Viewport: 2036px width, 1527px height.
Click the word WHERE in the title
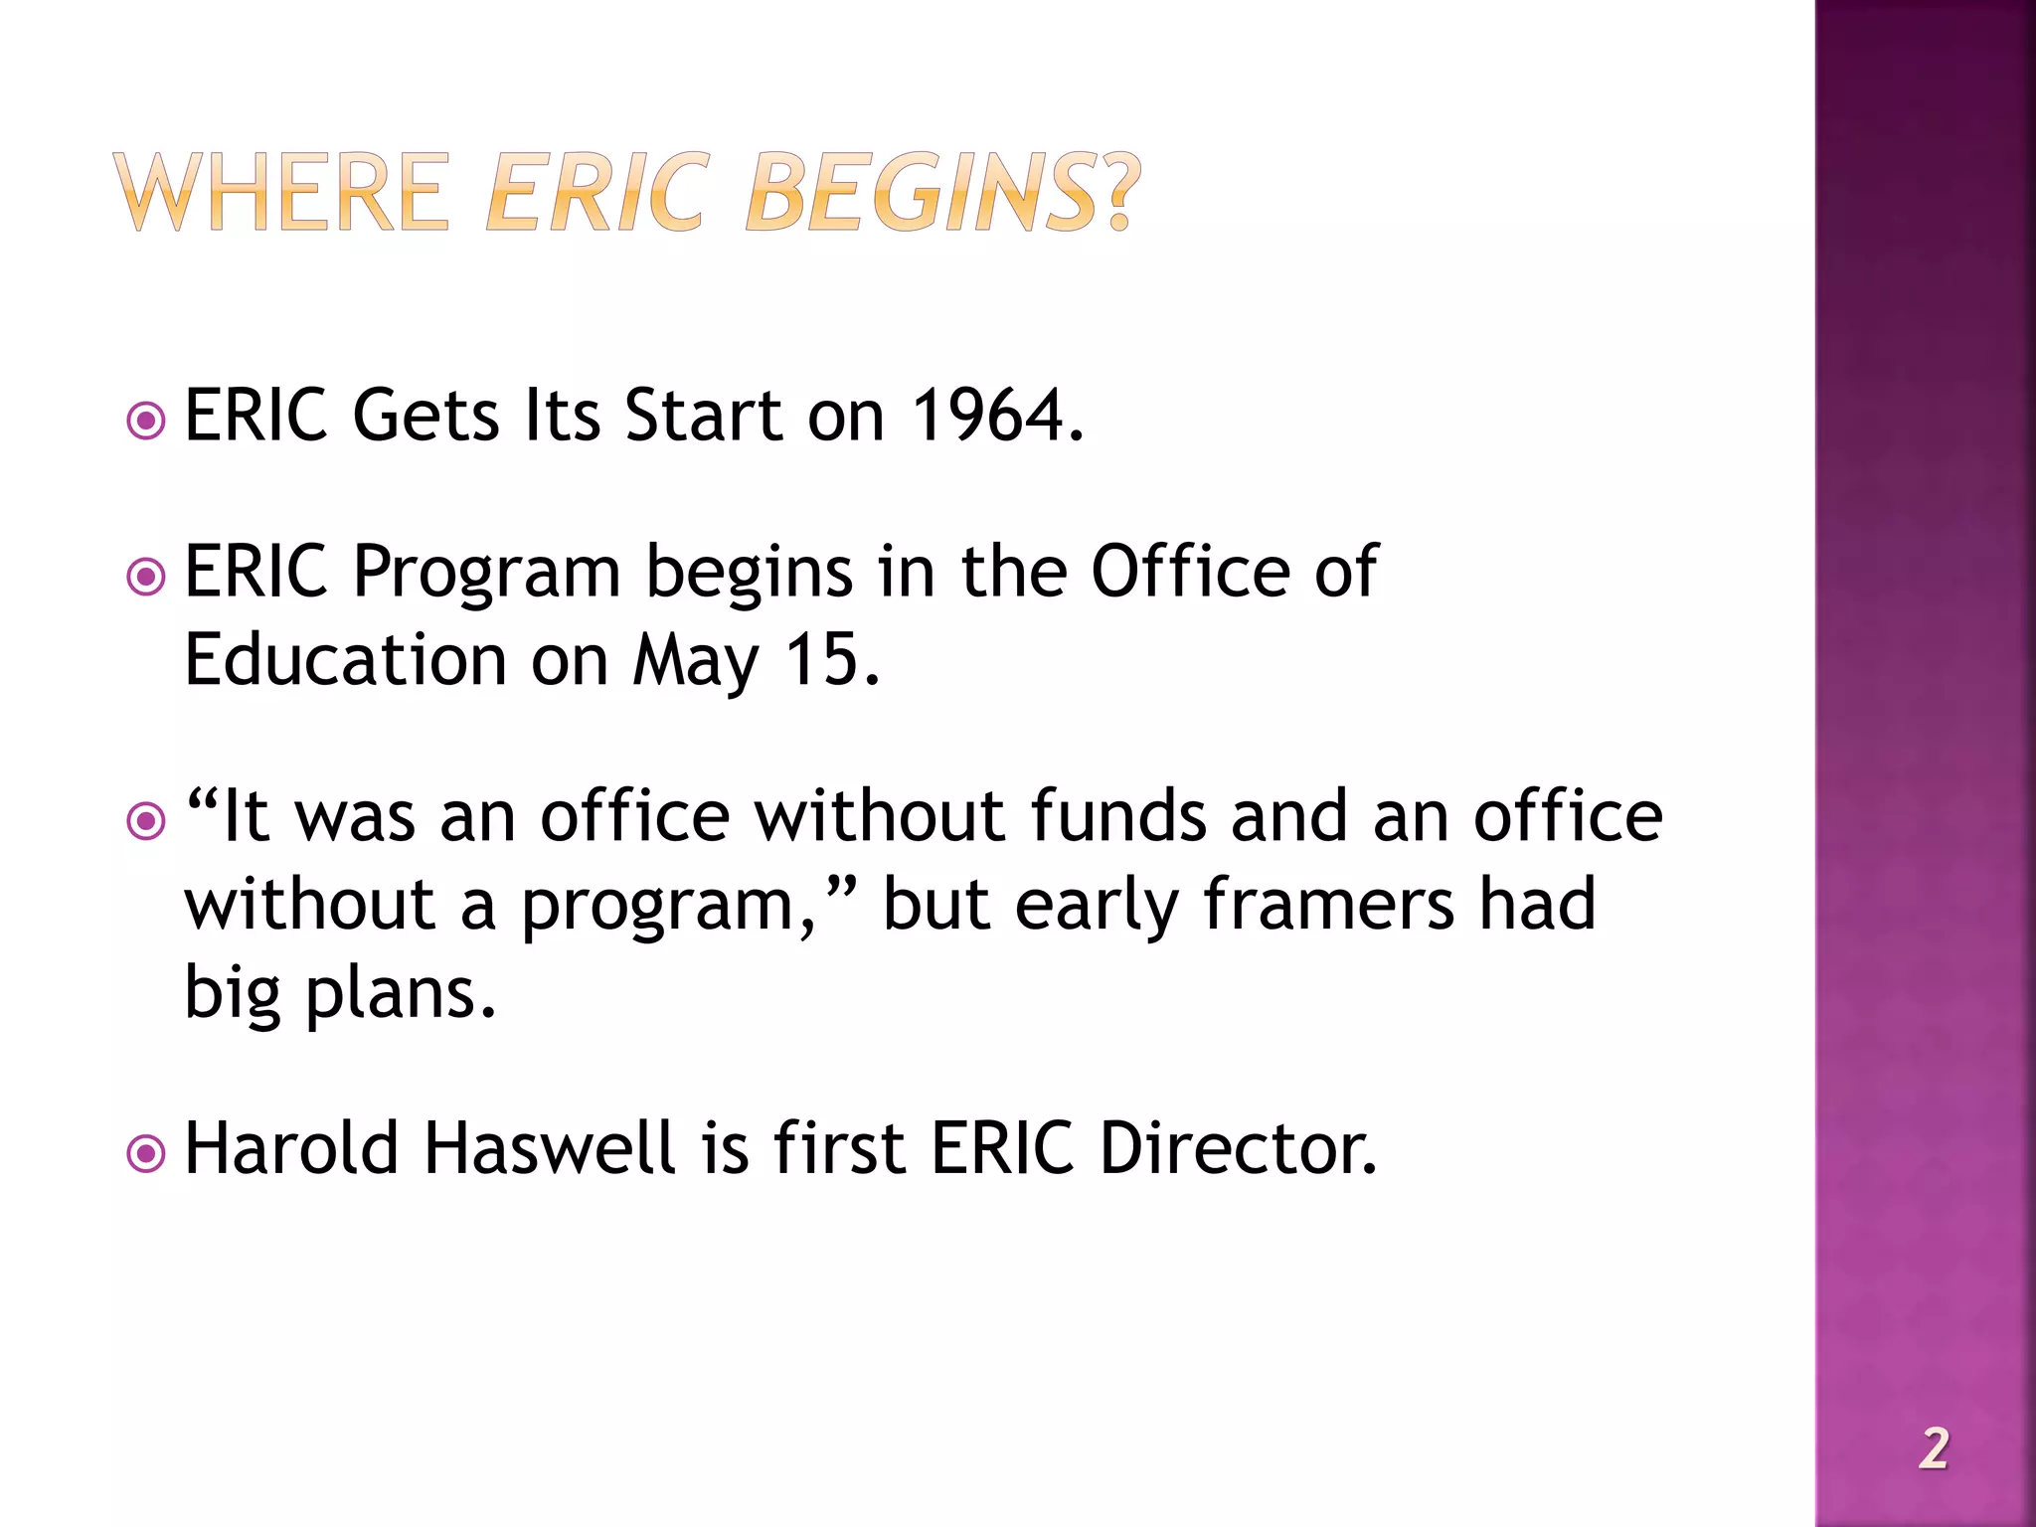282,193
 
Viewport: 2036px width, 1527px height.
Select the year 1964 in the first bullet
988,416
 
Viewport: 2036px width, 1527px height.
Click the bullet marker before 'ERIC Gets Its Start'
146,421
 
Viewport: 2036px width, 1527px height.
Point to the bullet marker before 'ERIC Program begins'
146,577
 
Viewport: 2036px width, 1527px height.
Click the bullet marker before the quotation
146,821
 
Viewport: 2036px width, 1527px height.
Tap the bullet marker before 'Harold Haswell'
146,1154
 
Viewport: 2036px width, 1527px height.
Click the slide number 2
1934,1448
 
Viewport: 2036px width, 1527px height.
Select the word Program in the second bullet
487,575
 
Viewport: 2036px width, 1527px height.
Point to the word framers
1328,905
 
